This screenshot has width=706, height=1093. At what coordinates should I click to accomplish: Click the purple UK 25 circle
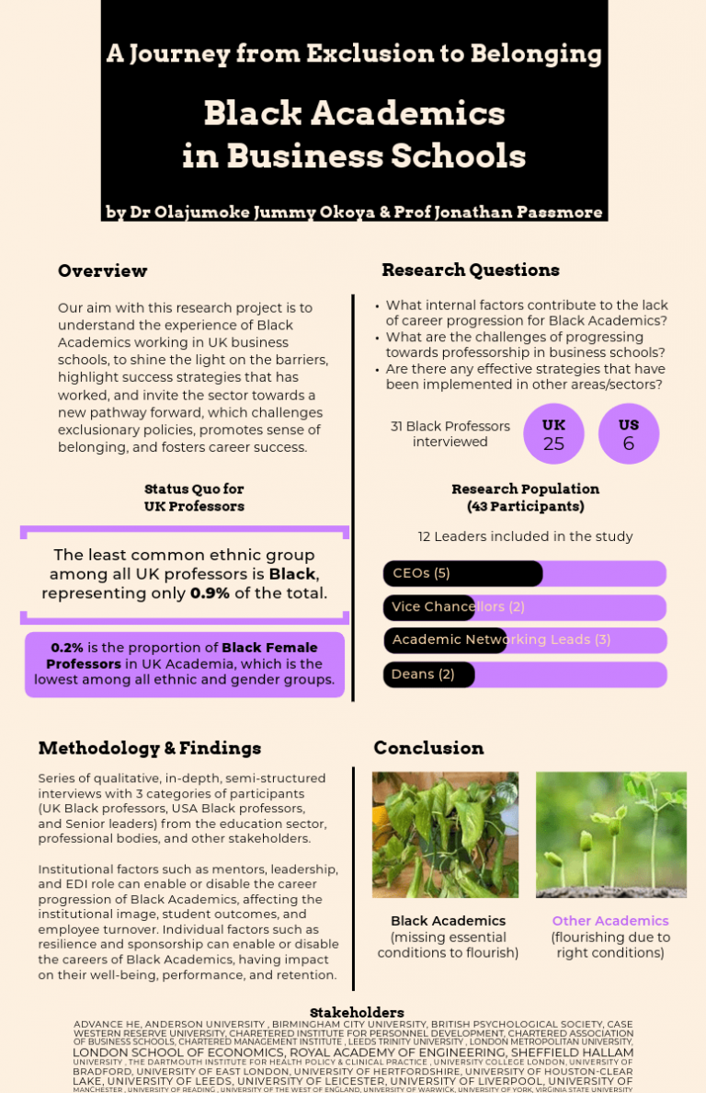[x=553, y=434]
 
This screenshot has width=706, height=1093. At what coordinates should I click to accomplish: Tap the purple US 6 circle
[x=629, y=434]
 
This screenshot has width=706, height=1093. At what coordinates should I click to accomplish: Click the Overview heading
[x=102, y=270]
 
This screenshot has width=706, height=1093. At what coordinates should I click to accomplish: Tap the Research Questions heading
[x=470, y=270]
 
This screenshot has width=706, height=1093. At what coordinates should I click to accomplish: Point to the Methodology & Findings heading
[x=150, y=748]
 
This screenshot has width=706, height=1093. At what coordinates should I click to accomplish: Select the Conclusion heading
[x=428, y=748]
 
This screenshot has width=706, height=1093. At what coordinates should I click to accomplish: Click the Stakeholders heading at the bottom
[x=357, y=1012]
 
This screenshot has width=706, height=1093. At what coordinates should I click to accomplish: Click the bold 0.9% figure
[x=210, y=593]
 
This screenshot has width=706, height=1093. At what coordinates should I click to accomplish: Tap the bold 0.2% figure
[x=67, y=648]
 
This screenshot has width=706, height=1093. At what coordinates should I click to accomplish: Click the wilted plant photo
[x=445, y=834]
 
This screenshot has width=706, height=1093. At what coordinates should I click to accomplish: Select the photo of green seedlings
[x=610, y=834]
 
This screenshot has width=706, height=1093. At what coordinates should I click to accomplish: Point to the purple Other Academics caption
[x=610, y=921]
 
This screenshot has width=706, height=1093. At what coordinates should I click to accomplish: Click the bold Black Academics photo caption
[x=448, y=921]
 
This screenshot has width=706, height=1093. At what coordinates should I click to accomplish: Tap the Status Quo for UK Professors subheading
[x=194, y=497]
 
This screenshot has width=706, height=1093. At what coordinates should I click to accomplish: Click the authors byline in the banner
[x=354, y=213]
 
